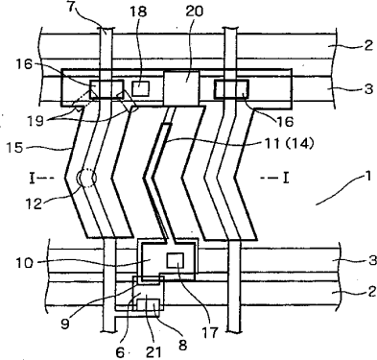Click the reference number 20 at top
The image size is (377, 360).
[x=194, y=12]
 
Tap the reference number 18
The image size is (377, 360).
[x=138, y=12]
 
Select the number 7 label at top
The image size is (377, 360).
[x=73, y=7]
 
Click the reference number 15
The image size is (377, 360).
[x=14, y=148]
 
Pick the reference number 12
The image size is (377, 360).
[x=34, y=204]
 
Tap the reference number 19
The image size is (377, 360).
[x=35, y=121]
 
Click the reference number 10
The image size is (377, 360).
[x=24, y=263]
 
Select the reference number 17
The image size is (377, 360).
[x=209, y=332]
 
